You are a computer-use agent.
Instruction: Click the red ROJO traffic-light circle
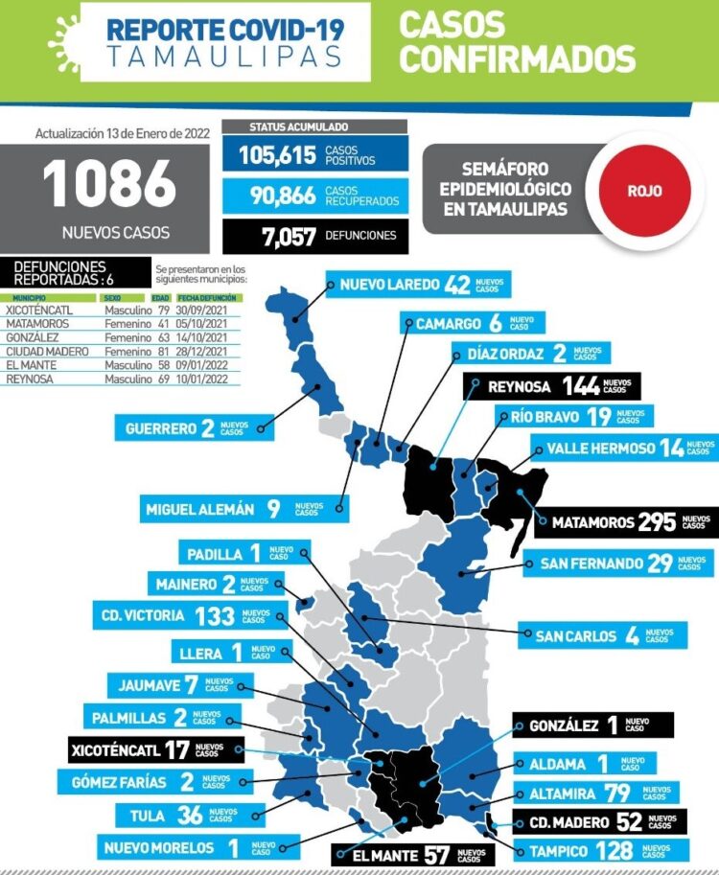click(644, 189)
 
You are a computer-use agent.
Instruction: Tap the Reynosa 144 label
click(551, 386)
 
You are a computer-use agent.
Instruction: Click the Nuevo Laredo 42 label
click(416, 285)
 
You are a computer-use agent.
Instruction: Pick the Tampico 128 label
click(588, 850)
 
